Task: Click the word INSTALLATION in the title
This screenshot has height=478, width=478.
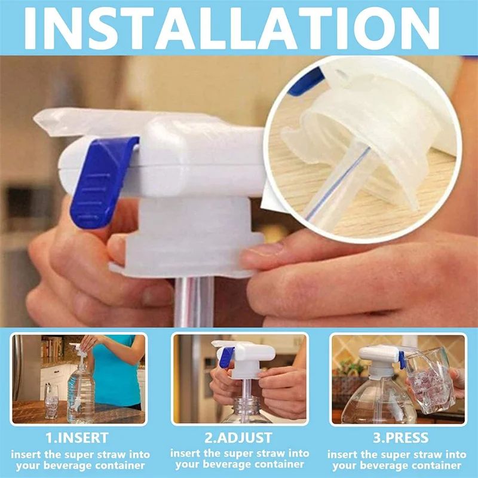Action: (x=239, y=27)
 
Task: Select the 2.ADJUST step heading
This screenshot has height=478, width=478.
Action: (x=238, y=437)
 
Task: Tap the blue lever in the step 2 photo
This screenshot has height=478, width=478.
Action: (x=225, y=357)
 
